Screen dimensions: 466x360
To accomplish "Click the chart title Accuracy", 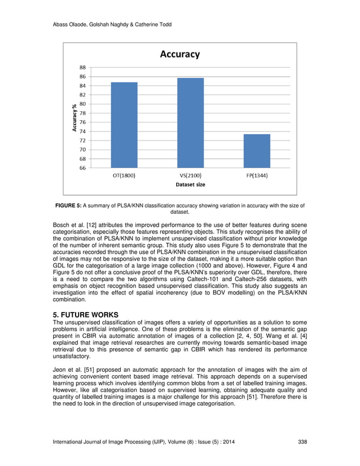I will [x=180, y=54].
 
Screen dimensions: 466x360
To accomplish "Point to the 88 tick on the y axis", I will [x=82, y=67].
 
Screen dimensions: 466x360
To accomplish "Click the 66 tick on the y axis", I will [x=82, y=168].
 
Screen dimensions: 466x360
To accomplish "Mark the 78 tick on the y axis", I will [x=82, y=113].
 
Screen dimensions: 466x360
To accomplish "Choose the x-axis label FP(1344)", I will [x=256, y=176].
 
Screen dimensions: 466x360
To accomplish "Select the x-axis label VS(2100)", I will [x=190, y=176].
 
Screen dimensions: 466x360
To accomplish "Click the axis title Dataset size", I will [x=190, y=185].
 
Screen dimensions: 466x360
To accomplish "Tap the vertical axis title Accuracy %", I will [x=74, y=117].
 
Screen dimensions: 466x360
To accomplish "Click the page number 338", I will [x=302, y=442].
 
